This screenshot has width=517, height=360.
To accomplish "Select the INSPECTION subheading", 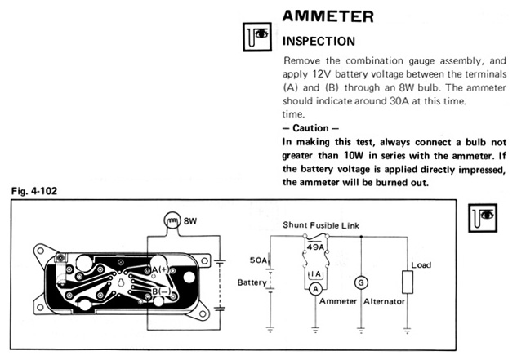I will coord(319,40).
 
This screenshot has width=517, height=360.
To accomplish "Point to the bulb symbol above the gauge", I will coord(172,220).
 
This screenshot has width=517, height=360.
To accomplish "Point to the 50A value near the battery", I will coord(260,260).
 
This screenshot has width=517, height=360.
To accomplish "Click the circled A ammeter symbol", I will coord(315,288).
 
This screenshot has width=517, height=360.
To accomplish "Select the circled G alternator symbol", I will coord(361,281).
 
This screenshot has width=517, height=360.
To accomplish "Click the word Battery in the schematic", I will coord(252,282).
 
